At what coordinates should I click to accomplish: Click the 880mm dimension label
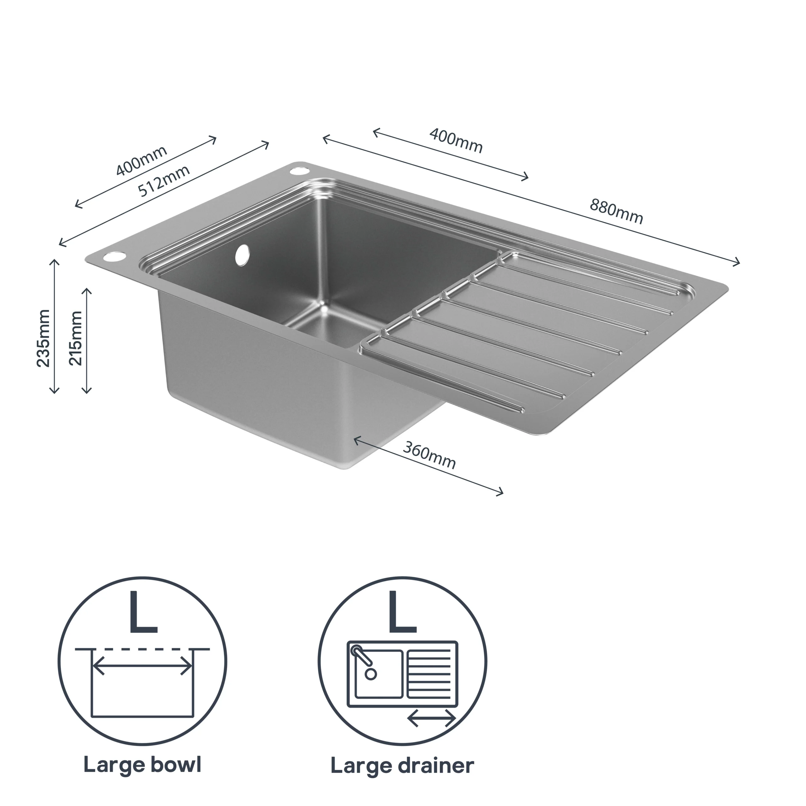(616, 212)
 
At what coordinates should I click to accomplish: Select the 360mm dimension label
(429, 455)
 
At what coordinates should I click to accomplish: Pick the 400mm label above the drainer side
(456, 141)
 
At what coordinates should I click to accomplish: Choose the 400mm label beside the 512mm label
(141, 160)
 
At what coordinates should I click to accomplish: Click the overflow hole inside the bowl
(242, 255)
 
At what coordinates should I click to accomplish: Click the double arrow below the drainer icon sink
(431, 718)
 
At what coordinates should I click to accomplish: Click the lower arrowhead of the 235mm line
(54, 391)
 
